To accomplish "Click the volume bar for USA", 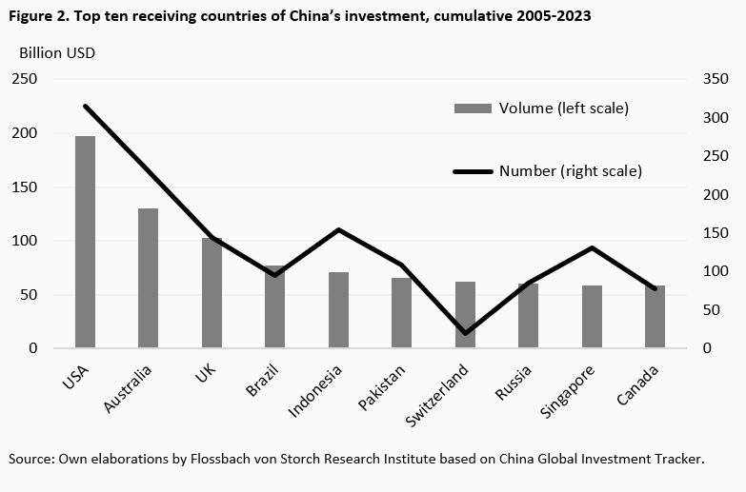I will coord(86,242).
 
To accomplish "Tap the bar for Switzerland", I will coord(465,314).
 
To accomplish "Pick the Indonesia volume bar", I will coord(338,310).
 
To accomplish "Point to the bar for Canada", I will coord(655,316).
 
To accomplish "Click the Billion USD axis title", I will coord(56,52).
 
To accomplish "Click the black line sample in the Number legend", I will coord(474,171).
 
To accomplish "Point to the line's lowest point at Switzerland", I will coord(465,333).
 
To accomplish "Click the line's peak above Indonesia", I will coord(338,229).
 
